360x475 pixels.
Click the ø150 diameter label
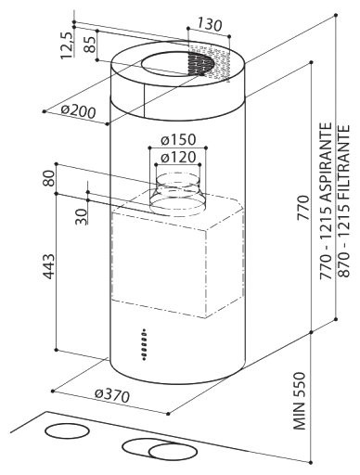[x=175, y=140]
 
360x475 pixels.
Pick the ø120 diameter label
[x=175, y=158]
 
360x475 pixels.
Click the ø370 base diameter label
[x=111, y=394]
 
